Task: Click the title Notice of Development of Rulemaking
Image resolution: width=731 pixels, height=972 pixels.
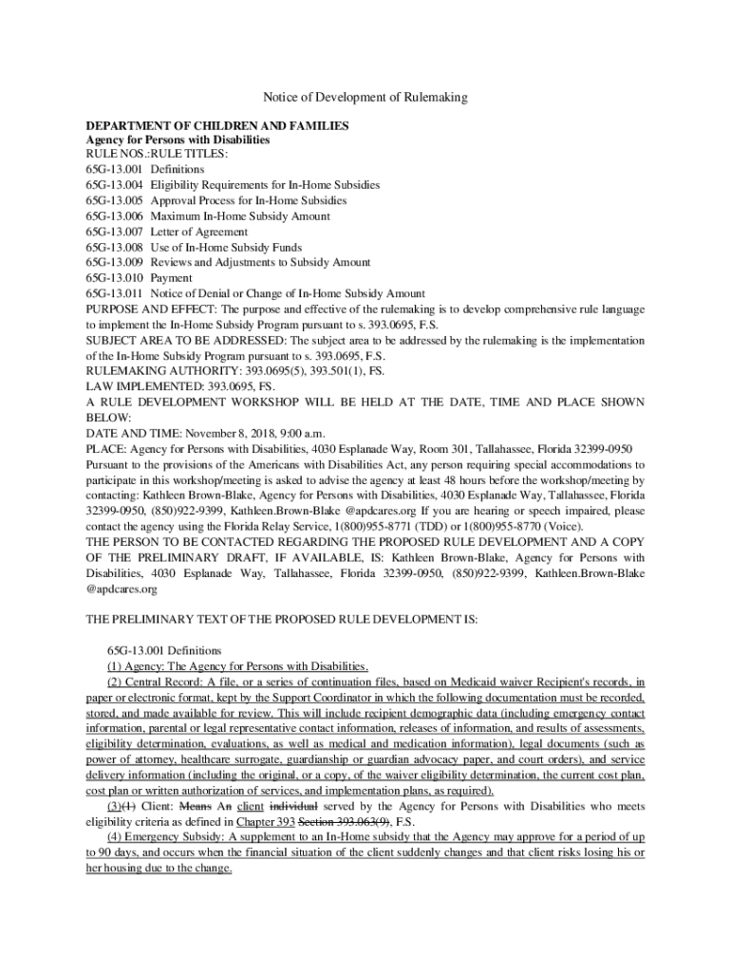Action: point(365,98)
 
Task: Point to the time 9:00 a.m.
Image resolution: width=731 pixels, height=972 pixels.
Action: point(299,433)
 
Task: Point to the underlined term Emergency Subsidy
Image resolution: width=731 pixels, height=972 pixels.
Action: point(177,837)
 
